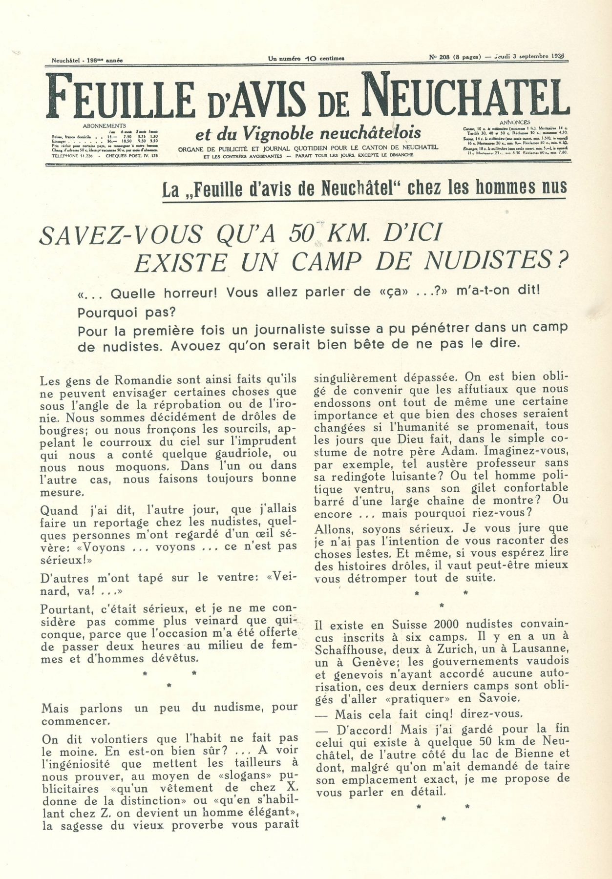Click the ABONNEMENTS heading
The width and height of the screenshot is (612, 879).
click(x=105, y=126)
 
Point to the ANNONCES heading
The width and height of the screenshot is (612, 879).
click(x=515, y=122)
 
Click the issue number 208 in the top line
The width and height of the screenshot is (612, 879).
click(x=444, y=57)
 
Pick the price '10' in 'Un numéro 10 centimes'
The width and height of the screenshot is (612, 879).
click(x=310, y=59)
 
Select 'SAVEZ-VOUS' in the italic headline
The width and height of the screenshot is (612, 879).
click(x=120, y=235)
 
